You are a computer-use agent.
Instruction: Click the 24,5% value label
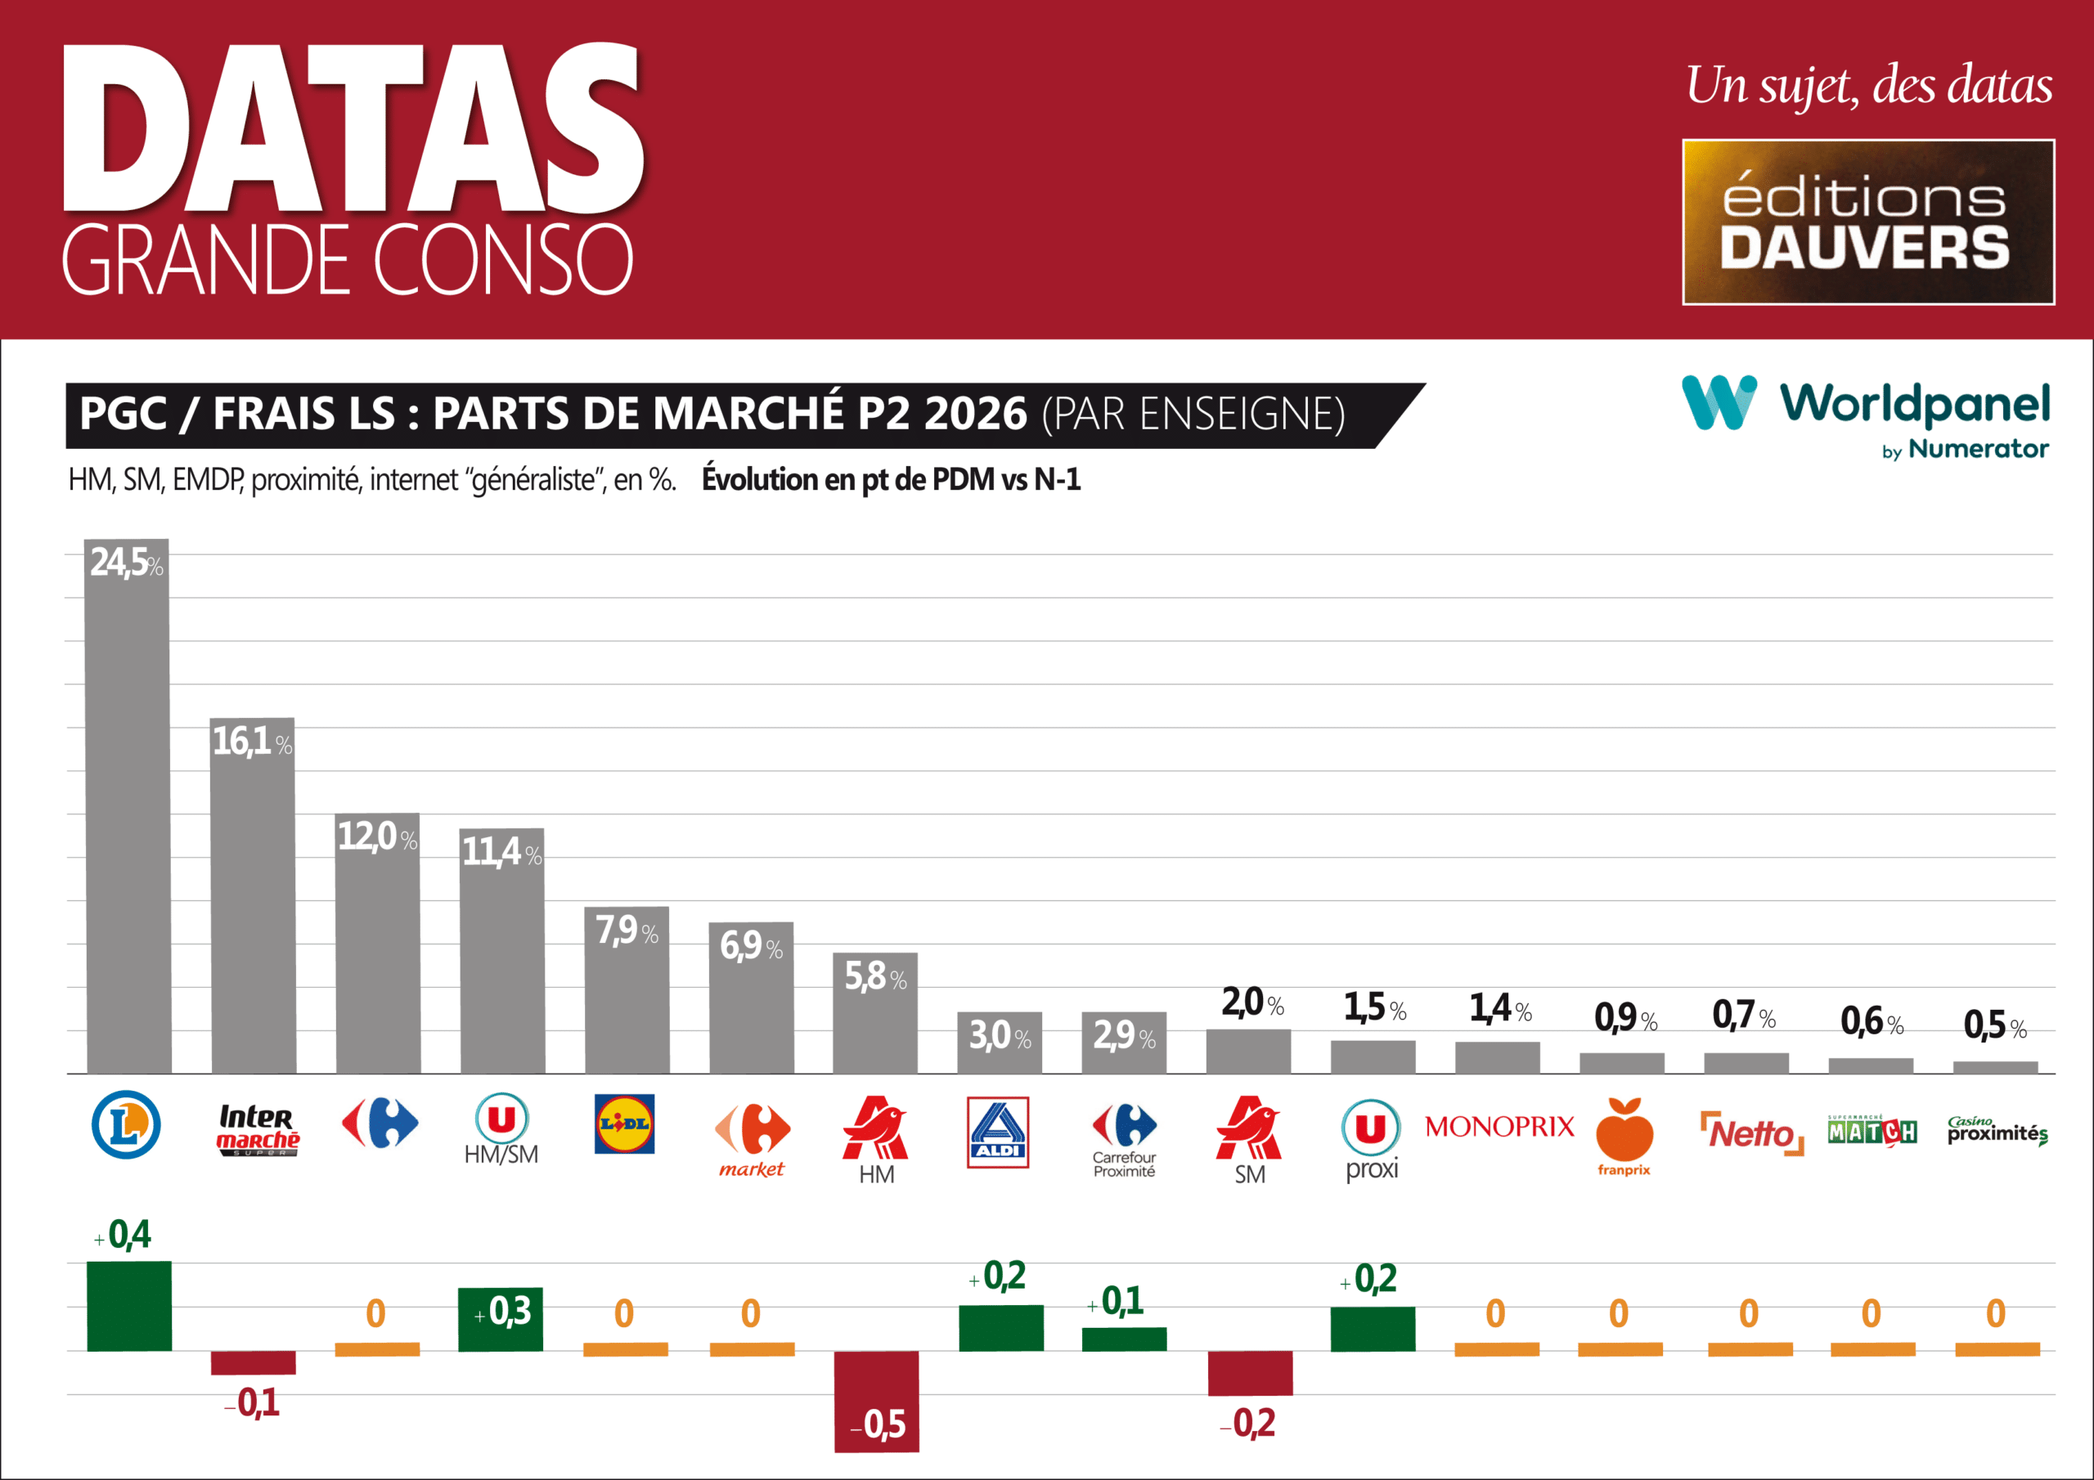pos(126,563)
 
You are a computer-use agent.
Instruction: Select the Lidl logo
pos(624,1123)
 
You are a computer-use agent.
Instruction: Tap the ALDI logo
pos(998,1132)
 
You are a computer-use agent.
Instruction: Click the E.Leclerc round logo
pos(126,1124)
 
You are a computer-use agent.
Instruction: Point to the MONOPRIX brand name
pos(1499,1127)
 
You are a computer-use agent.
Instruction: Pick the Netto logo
pos(1751,1133)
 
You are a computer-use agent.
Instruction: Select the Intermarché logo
pos(257,1129)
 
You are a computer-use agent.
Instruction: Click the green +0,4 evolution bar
pos(128,1305)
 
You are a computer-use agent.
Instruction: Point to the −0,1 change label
pos(253,1402)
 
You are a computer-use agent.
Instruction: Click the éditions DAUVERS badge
pos(1867,222)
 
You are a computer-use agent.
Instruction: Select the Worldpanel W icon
pos(1719,402)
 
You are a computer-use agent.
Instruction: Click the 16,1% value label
pos(252,742)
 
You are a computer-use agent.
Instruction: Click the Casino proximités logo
pos(1997,1131)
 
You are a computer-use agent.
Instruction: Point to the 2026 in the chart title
pos(975,414)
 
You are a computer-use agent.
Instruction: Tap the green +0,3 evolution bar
pos(500,1319)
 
